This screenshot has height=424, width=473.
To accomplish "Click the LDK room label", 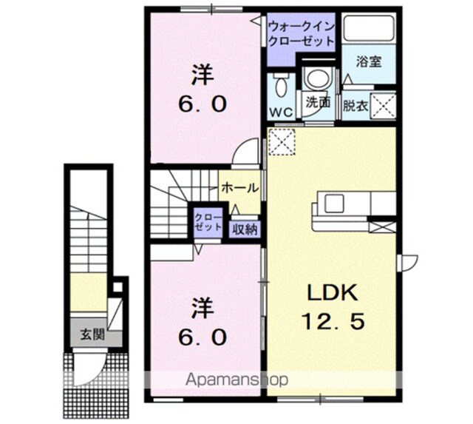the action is coord(333,292).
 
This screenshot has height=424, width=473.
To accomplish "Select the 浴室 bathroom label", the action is coord(369,61).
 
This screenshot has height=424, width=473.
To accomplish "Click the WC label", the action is coord(281,112).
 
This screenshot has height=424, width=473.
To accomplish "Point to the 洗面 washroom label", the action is coord(319,102).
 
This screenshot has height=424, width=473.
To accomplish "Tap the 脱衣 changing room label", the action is coord(355,106).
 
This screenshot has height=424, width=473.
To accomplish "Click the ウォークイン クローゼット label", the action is coord(301,33).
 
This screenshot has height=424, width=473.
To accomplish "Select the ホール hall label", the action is coord(240,188).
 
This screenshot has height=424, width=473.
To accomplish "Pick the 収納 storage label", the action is coord(245,230).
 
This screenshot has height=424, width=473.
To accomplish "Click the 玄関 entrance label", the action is coord(92,334).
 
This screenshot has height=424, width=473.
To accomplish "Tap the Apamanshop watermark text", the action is coord(236,380).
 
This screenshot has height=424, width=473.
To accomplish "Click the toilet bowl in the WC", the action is coord(281,84).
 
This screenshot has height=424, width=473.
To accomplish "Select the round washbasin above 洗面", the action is coord(319,78).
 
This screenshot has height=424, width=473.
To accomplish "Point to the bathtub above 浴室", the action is coord(369,28).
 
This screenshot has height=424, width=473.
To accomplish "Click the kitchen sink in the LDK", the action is coord(334,203).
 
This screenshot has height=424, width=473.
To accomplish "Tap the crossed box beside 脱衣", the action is coord(383,107).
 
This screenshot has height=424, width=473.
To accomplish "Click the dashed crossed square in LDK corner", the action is coord(282,141).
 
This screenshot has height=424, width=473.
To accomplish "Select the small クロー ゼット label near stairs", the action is coord(208,222).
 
